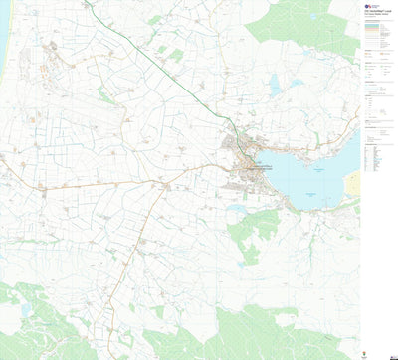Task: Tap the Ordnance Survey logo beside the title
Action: pos(366,7)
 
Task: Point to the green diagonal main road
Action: pos(159,65)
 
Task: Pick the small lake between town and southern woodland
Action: pos(236,209)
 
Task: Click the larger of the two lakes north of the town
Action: pos(275,88)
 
